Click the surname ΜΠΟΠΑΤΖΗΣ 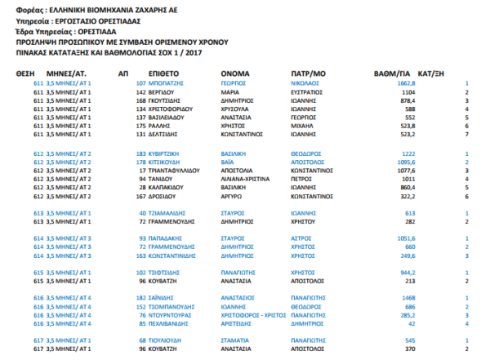(171, 83)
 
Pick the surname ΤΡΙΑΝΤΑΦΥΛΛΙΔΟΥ (185, 170)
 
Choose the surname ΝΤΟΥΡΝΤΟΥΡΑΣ (178, 315)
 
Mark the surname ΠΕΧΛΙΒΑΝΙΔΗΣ (177, 323)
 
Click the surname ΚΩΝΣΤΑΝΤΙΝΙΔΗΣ (180, 255)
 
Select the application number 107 (140, 83)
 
